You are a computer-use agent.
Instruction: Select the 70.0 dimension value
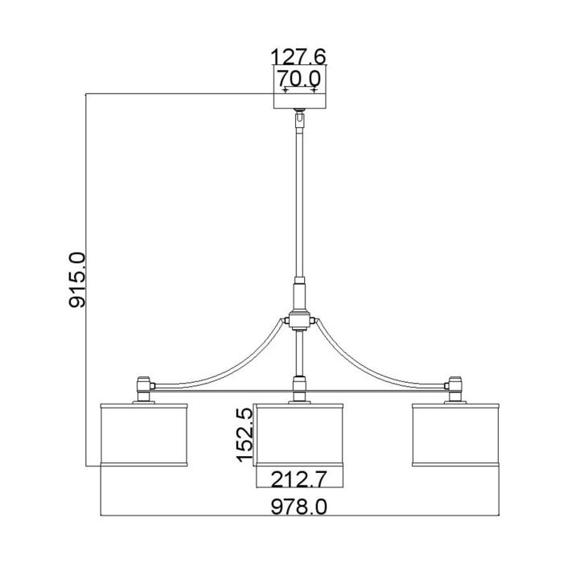tap(298, 78)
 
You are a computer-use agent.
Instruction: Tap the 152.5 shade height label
tap(245, 434)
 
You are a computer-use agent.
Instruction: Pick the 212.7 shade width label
tap(299, 480)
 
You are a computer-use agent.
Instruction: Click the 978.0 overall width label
tap(299, 507)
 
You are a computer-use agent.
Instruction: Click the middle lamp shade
tap(299, 434)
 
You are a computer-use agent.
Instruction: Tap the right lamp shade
tap(455, 434)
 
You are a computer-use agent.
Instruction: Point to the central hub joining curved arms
tap(299, 320)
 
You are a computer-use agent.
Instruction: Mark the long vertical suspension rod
tap(299, 201)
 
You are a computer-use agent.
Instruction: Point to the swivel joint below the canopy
tap(299, 117)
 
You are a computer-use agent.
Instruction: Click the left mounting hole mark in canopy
tap(285, 90)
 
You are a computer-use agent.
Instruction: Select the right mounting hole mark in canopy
tap(314, 90)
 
